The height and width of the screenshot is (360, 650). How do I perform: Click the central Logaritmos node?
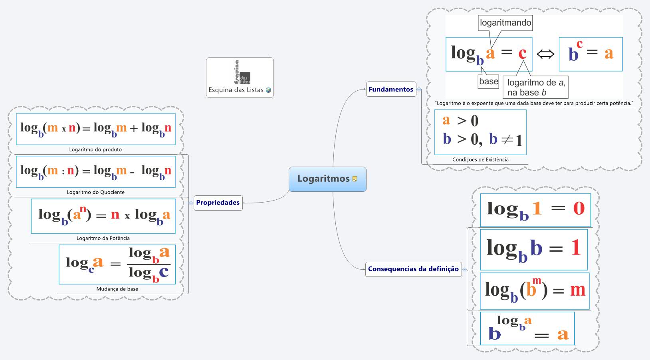tap(323, 179)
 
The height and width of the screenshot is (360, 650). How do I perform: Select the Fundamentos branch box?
tap(391, 90)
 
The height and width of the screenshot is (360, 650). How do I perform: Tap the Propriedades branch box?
tap(218, 203)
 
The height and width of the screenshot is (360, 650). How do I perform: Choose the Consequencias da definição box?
tap(413, 269)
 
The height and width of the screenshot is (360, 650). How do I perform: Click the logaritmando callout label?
tap(505, 23)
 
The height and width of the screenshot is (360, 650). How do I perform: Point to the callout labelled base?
tap(489, 82)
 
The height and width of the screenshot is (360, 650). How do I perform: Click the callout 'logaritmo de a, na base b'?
tap(535, 88)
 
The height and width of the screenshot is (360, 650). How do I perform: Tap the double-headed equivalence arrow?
tap(545, 54)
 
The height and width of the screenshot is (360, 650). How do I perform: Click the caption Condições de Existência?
tap(480, 159)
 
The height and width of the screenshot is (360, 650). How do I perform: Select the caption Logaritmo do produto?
tap(95, 149)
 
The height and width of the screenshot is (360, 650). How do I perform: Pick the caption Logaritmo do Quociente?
tap(95, 192)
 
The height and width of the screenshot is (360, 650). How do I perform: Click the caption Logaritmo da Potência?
tap(103, 238)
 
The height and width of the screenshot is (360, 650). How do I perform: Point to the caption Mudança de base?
tap(117, 289)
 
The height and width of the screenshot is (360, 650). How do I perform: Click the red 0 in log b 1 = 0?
tap(579, 208)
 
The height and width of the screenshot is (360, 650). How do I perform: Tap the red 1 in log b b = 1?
tap(575, 247)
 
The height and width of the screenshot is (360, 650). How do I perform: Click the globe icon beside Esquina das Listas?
tap(269, 90)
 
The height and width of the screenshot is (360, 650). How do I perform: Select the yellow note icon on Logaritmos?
tap(355, 179)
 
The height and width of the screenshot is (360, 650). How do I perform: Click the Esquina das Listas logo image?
tap(242, 73)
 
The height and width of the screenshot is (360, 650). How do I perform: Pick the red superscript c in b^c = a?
tap(580, 44)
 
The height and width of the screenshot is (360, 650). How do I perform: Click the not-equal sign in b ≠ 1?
tap(507, 139)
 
